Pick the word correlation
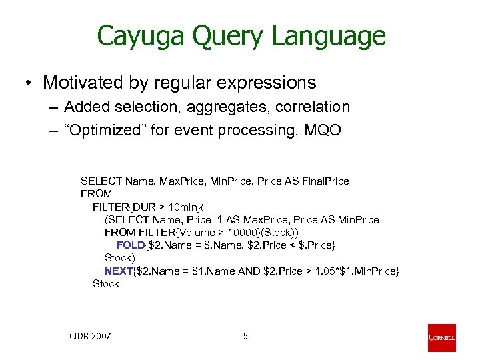pyautogui.click(x=310, y=107)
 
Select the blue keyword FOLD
pyautogui.click(x=130, y=245)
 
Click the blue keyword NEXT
pyautogui.click(x=119, y=271)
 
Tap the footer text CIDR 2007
pyautogui.click(x=90, y=336)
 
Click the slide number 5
pyautogui.click(x=245, y=336)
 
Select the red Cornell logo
pyautogui.click(x=442, y=337)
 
